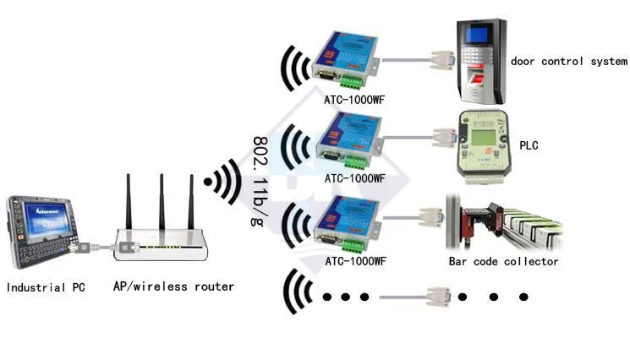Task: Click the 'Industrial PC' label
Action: tap(46, 287)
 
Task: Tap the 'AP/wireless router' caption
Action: tap(173, 286)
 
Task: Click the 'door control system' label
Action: tap(569, 61)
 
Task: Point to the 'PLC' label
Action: tap(529, 145)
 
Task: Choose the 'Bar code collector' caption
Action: tap(503, 261)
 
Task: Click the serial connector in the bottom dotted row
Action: tap(437, 297)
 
